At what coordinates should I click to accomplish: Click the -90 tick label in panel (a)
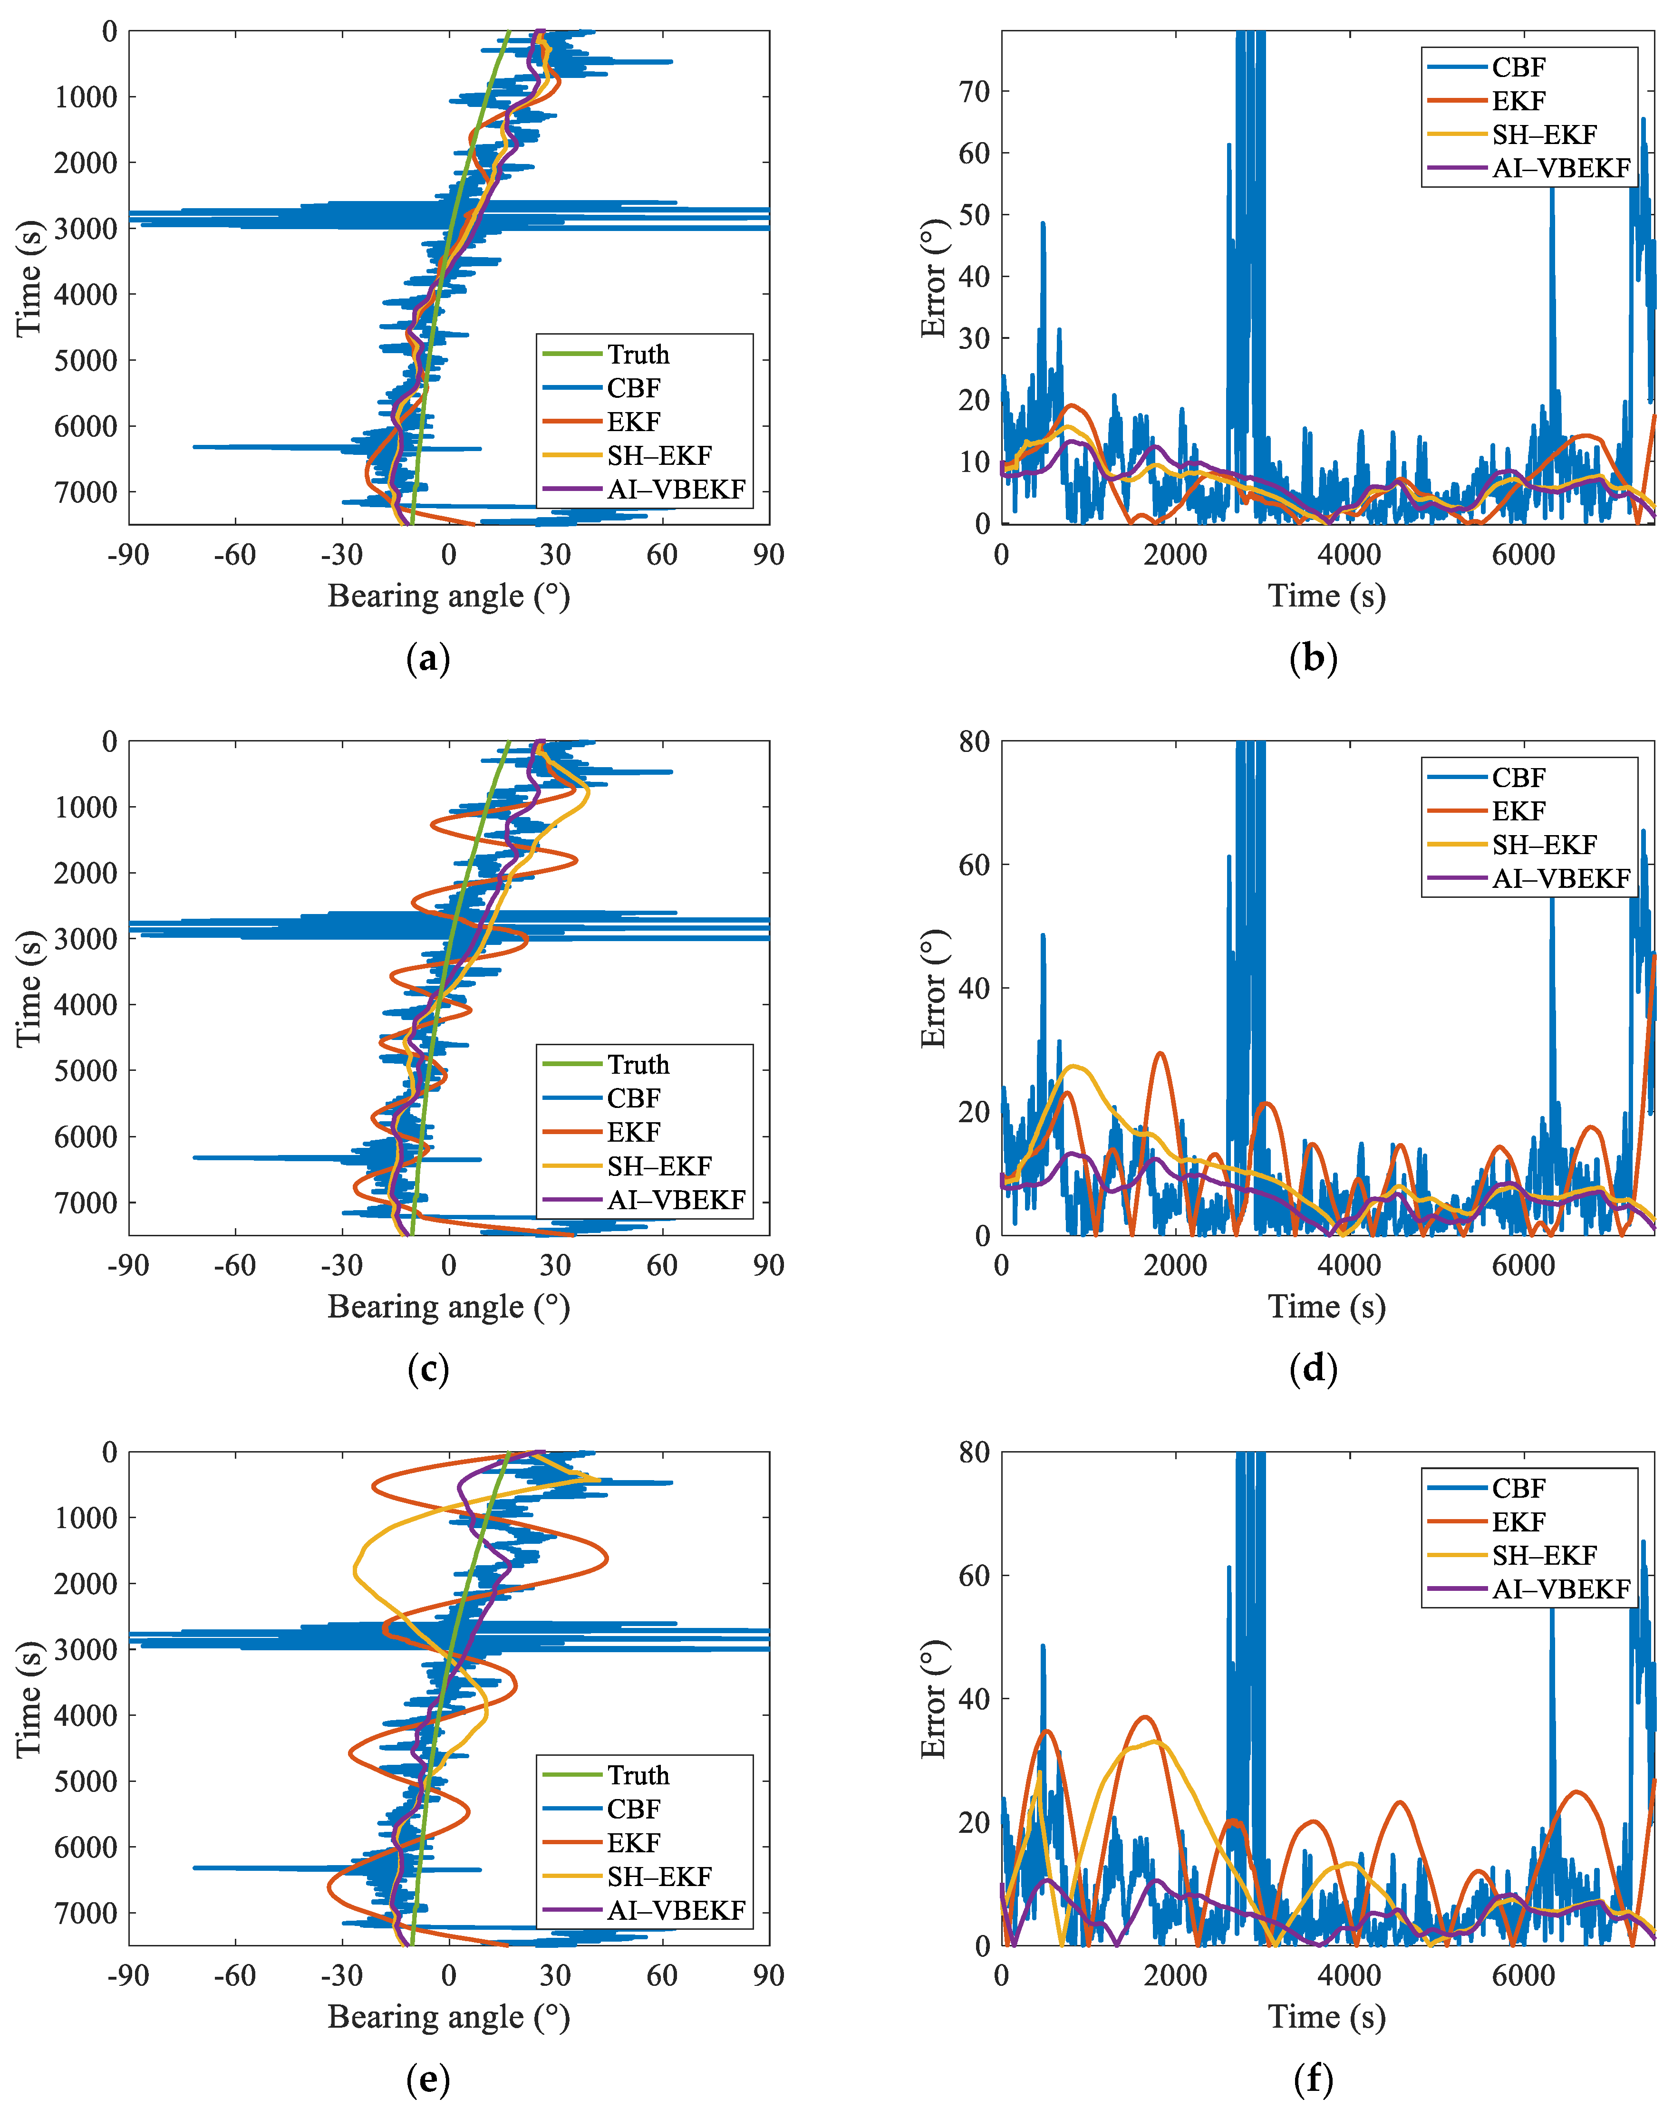click(128, 555)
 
